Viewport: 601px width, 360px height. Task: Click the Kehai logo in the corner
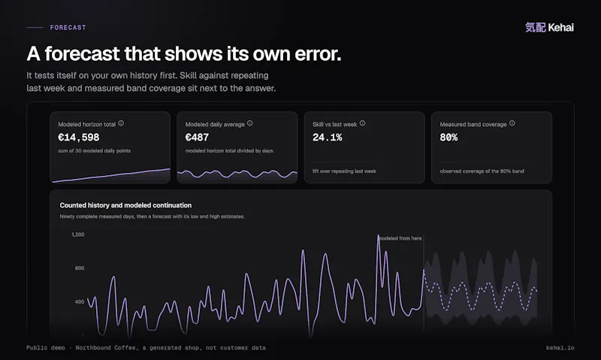(x=549, y=27)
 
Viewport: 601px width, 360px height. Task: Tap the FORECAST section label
(x=68, y=28)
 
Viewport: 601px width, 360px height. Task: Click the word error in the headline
(x=318, y=53)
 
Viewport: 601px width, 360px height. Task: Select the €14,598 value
(x=79, y=138)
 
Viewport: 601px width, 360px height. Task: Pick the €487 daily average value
(x=197, y=138)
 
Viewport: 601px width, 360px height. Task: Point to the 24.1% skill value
(x=328, y=138)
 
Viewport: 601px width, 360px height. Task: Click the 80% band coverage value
(x=448, y=138)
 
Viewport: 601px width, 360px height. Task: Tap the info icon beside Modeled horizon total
(x=121, y=123)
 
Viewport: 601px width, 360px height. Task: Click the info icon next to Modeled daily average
(x=250, y=123)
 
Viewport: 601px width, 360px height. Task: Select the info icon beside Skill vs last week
(x=363, y=123)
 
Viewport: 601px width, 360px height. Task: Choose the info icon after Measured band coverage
(x=512, y=123)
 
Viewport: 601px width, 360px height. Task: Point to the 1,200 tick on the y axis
(x=78, y=234)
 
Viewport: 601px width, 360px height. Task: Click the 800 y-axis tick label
(x=80, y=268)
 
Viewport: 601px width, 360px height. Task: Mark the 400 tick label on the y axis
(x=80, y=301)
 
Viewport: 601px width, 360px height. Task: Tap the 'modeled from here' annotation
(x=400, y=238)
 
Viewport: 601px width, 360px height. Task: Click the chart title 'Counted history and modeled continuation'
(x=125, y=205)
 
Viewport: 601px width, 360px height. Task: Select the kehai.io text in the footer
(x=560, y=348)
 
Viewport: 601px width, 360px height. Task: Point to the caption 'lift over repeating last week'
(x=344, y=171)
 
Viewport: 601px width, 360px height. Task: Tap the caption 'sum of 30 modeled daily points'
(x=95, y=151)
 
